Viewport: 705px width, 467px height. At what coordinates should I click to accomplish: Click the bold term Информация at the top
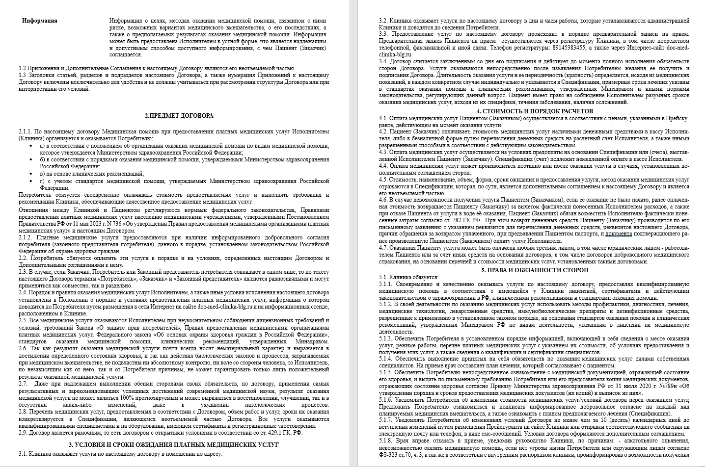pos(40,21)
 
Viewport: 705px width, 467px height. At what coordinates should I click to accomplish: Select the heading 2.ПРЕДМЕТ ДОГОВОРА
pos(179,116)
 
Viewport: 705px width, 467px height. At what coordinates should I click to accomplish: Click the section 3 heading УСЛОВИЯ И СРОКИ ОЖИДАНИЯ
pos(173,444)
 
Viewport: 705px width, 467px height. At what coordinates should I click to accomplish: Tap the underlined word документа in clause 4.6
pos(618,234)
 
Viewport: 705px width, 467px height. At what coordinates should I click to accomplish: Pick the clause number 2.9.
pos(23,433)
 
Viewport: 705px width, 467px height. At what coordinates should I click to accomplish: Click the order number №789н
pos(641,386)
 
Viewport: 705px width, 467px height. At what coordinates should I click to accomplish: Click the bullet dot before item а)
pos(32,146)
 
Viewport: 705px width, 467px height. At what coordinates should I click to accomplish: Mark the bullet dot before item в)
pos(32,174)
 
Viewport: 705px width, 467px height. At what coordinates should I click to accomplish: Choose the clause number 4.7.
pos(383,248)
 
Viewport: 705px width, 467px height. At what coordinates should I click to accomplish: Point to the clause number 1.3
pos(22,75)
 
